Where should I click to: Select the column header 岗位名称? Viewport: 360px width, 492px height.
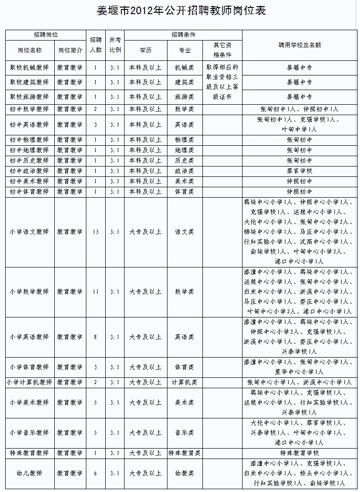29,50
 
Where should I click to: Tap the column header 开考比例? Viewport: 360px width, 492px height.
115,45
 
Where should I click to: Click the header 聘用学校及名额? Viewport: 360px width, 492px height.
300,45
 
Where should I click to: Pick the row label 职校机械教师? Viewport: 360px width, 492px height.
29,67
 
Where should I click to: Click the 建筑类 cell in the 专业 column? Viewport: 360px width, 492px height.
184,82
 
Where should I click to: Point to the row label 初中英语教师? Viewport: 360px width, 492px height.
29,125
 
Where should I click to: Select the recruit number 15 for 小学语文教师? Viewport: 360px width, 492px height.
95,232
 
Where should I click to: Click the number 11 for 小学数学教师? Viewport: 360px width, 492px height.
95,292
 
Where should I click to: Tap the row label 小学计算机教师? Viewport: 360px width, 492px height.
29,382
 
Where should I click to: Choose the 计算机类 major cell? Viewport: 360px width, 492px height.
184,382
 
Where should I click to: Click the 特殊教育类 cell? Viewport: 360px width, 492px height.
184,453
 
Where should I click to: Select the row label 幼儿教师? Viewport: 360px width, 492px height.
29,473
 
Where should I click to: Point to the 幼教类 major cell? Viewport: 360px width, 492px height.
184,473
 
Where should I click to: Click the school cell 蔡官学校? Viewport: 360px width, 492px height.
300,171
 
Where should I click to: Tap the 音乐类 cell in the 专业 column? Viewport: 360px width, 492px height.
184,433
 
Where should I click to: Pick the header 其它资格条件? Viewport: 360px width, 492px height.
222,50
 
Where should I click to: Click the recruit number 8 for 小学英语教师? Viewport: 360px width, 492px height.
95,337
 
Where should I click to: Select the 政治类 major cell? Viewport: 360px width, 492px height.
184,171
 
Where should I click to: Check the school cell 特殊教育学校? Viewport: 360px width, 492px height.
300,453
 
